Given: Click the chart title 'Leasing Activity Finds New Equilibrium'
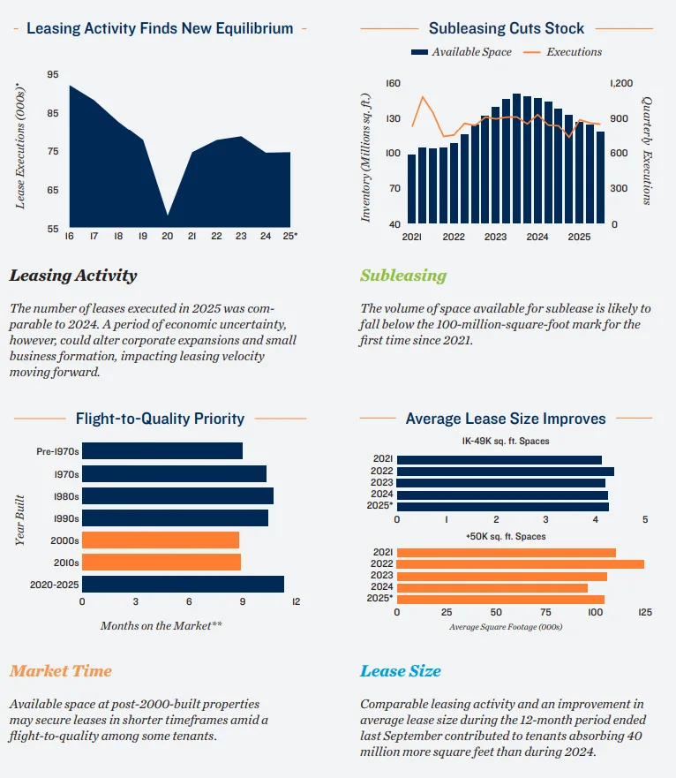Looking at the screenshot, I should tap(160, 28).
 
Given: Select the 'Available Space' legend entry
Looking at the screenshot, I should tap(462, 52).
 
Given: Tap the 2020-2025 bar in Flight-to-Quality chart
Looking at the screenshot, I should tap(183, 584).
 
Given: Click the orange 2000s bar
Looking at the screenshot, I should tap(161, 540).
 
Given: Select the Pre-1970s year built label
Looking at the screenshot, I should tap(57, 451).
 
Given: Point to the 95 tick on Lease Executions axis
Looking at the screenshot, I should tap(53, 75).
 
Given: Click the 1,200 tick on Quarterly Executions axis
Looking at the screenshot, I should tap(621, 83).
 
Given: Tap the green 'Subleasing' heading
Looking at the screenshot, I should tap(403, 276).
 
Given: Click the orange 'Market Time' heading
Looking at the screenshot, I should tap(61, 671).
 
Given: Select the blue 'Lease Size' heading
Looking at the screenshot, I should tap(400, 671).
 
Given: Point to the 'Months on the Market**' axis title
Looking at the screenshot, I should tap(161, 625).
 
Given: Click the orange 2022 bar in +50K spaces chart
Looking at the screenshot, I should tap(520, 563).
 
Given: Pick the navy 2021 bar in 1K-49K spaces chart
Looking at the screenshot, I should tap(499, 459).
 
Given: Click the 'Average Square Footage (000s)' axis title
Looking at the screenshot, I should tap(506, 627).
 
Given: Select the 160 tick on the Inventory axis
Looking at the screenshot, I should tap(394, 83).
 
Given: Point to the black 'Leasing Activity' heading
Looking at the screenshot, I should tap(73, 276).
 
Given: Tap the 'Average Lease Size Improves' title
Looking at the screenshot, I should tap(506, 419).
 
